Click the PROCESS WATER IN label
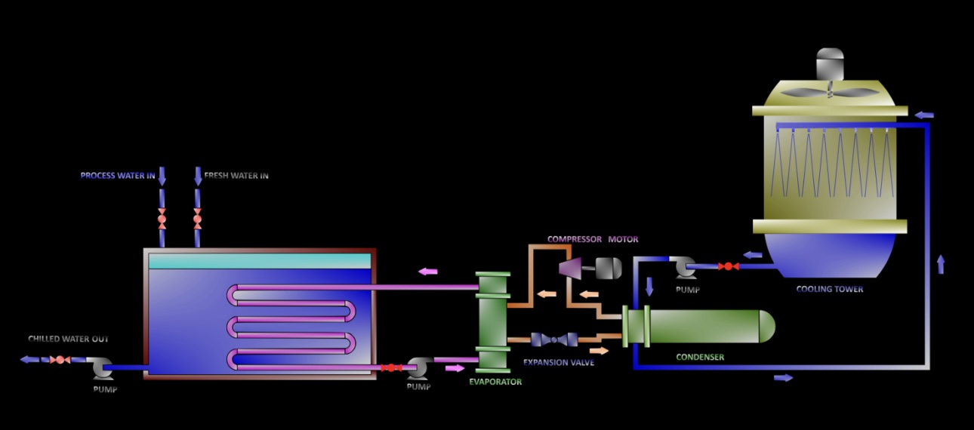pyautogui.click(x=118, y=176)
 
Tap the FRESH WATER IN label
pyautogui.click(x=236, y=176)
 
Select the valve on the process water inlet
pyautogui.click(x=162, y=219)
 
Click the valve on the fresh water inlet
pyautogui.click(x=198, y=219)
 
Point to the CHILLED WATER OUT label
pyautogui.click(x=69, y=339)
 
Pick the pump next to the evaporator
pyautogui.click(x=417, y=368)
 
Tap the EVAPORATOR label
pyautogui.click(x=495, y=382)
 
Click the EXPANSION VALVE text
pyautogui.click(x=559, y=363)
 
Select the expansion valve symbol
pyautogui.click(x=555, y=340)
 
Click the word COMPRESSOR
pyautogui.click(x=575, y=240)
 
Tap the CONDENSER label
pyautogui.click(x=700, y=358)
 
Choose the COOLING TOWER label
pyautogui.click(x=830, y=290)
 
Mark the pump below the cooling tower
pyautogui.click(x=686, y=266)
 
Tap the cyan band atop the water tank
pyautogui.click(x=260, y=261)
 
